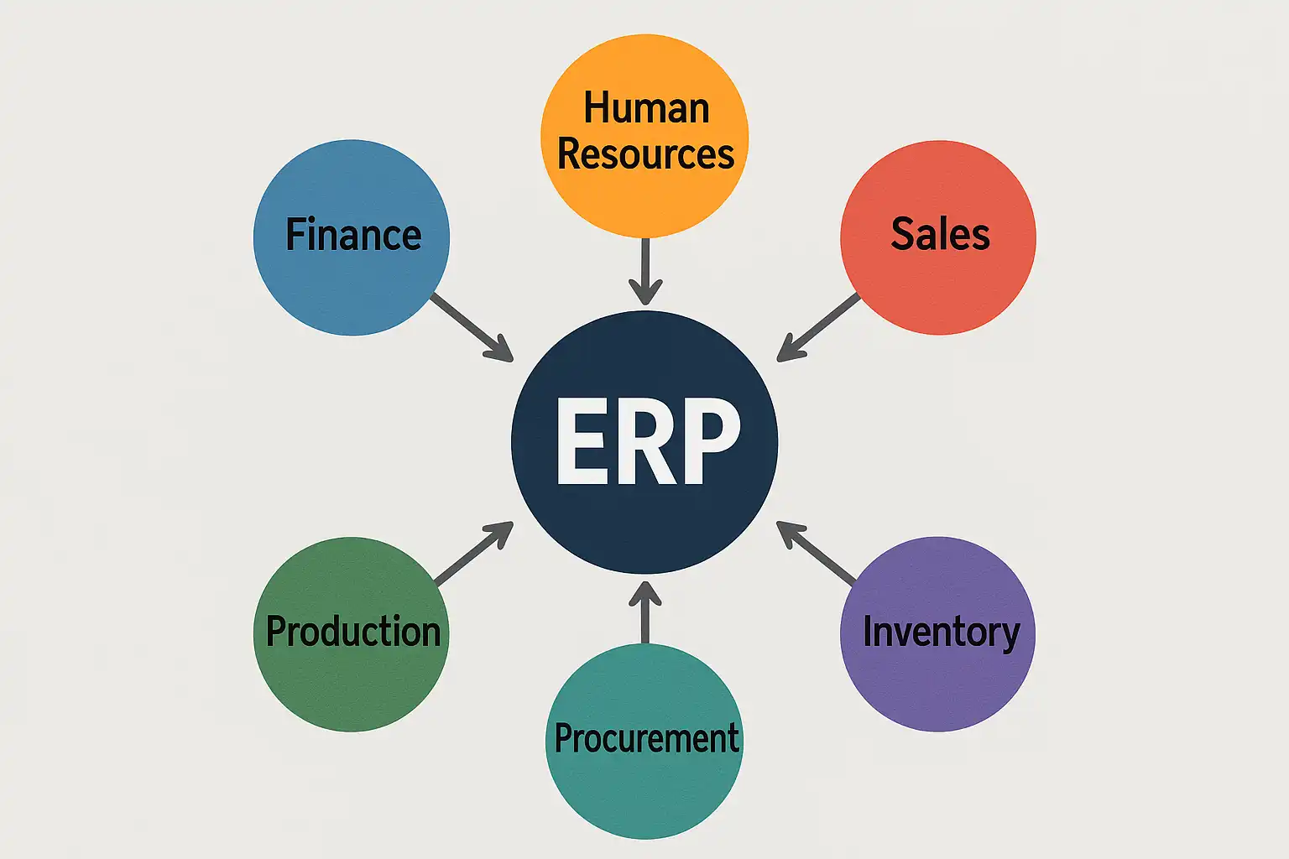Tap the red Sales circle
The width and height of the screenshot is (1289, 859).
point(938,285)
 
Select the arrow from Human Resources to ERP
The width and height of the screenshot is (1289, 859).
point(644,270)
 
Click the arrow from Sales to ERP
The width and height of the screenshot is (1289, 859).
point(818,327)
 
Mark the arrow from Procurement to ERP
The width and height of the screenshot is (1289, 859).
point(644,612)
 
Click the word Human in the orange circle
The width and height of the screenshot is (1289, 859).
point(646,109)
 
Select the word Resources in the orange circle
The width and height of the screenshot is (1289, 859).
point(645,155)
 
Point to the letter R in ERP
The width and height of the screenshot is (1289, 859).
point(646,441)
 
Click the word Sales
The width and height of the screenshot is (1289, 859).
point(940,234)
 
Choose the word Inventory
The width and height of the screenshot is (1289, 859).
point(941,633)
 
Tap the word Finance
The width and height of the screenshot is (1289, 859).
point(353,235)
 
